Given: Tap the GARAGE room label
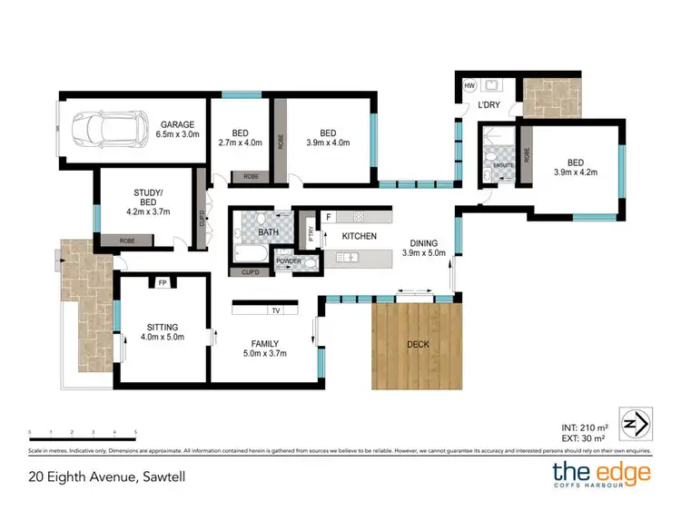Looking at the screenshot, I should pos(177,124).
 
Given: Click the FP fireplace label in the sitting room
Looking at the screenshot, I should pos(163,282).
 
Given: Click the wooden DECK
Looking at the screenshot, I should pos(417,345).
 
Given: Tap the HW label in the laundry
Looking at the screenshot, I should pos(469,86).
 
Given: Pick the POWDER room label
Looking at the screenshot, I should pos(289,260).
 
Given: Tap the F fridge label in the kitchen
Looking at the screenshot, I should pos(329,217).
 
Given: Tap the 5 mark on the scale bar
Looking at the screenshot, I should pos(135,432).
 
